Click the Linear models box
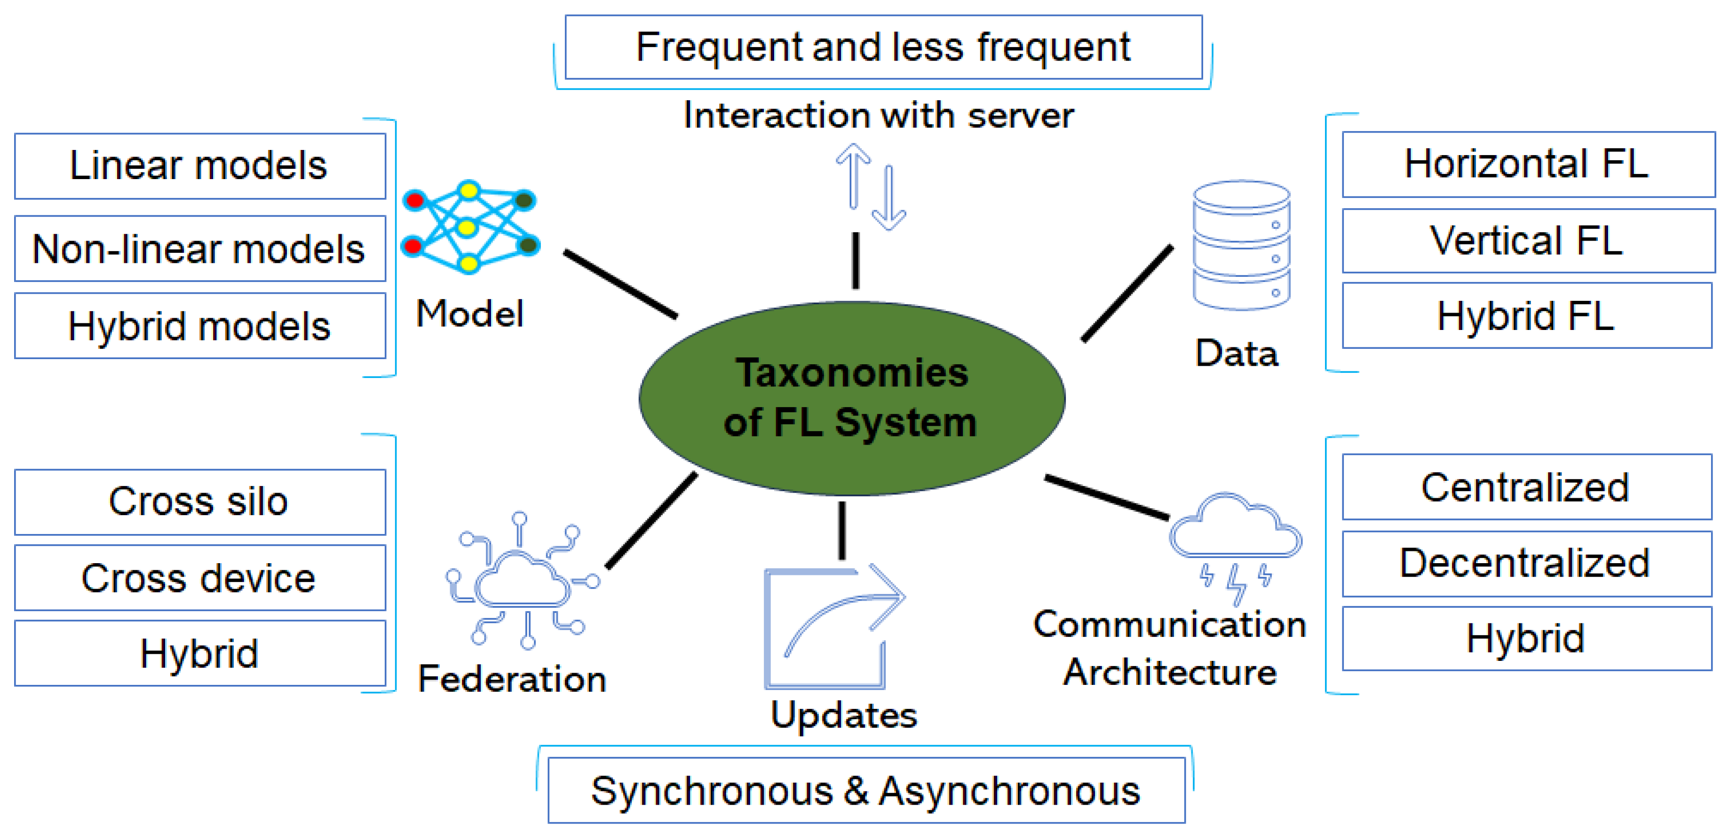tap(200, 166)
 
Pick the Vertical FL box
tap(1528, 240)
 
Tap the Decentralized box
tap(1526, 563)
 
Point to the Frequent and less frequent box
tap(883, 47)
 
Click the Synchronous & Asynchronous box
tap(866, 790)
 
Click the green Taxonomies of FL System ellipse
tap(851, 399)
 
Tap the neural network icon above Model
tap(470, 227)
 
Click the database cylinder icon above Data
tap(1241, 245)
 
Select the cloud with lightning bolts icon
tap(1236, 547)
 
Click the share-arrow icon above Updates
tap(833, 628)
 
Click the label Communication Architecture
tap(1169, 648)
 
